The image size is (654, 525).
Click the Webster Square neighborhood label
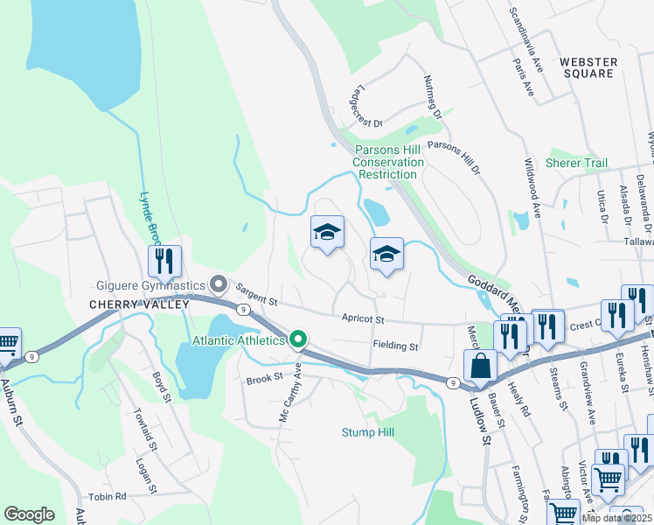pos(588,67)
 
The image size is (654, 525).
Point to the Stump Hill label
pos(367,432)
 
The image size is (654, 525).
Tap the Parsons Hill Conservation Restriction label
pos(386,162)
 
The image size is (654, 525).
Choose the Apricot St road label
pos(364,319)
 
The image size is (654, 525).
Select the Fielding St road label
pos(396,346)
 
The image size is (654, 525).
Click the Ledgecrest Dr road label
pos(366,107)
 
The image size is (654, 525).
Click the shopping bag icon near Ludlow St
pos(481,366)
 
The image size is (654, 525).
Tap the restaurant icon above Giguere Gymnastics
pos(164,260)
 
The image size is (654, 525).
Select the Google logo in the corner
pos(29,514)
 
